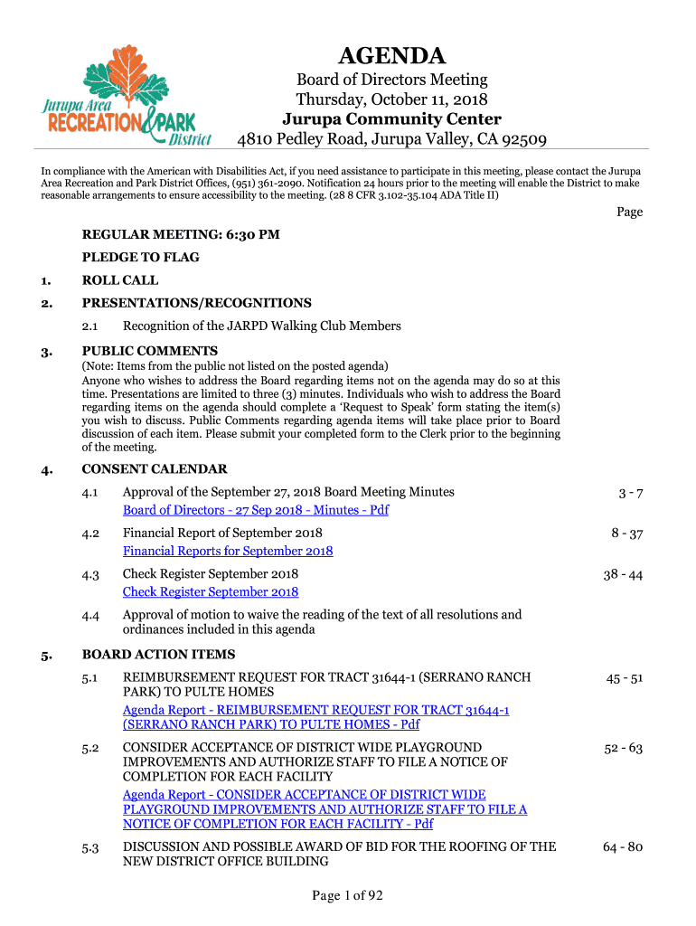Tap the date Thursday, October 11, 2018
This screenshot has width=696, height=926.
click(391, 99)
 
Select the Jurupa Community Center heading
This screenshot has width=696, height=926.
click(391, 119)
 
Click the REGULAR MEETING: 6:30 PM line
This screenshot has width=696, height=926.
click(181, 234)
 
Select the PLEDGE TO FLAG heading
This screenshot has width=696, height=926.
click(141, 257)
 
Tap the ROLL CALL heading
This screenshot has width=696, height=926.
click(120, 280)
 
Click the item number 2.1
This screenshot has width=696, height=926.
click(90, 326)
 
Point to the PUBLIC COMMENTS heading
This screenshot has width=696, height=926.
click(150, 351)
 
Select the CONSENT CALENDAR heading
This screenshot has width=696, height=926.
click(155, 468)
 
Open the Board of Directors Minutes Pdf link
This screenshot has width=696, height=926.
click(256, 510)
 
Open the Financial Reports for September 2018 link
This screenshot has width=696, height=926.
click(228, 551)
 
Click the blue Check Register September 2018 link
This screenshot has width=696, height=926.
click(211, 591)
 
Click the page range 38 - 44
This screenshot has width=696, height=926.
click(623, 574)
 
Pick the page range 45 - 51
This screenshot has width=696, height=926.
click(623, 678)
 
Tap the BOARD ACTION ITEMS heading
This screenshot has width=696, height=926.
click(158, 654)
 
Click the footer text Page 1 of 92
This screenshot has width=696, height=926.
click(348, 896)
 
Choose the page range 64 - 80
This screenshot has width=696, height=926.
click(623, 847)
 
